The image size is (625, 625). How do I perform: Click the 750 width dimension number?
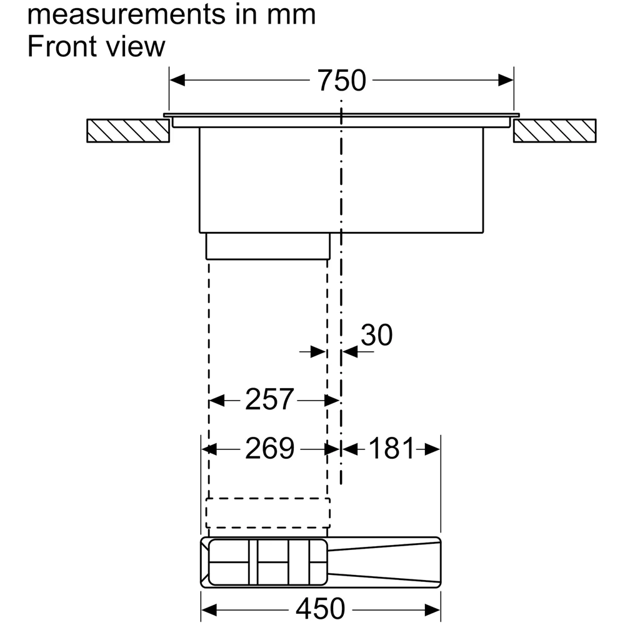pyautogui.click(x=342, y=81)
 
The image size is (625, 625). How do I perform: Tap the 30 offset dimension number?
pyautogui.click(x=377, y=335)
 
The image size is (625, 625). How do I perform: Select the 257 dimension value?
pyautogui.click(x=269, y=399)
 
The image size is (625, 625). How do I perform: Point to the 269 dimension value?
pyautogui.click(x=269, y=449)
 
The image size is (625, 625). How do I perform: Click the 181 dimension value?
pyautogui.click(x=392, y=449)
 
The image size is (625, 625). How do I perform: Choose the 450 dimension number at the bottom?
pyautogui.click(x=320, y=609)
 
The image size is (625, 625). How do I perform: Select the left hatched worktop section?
pyautogui.click(x=128, y=131)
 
